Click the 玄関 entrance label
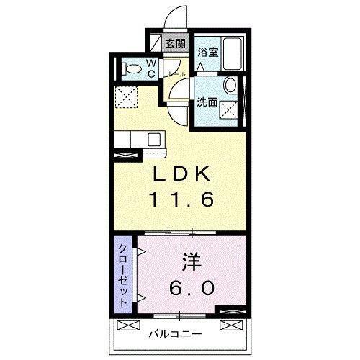pyautogui.click(x=175, y=44)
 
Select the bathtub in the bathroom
pyautogui.click(x=233, y=53)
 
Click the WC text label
pyautogui.click(x=153, y=68)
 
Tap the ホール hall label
pyautogui.click(x=176, y=74)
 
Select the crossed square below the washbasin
pyautogui.click(x=229, y=109)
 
